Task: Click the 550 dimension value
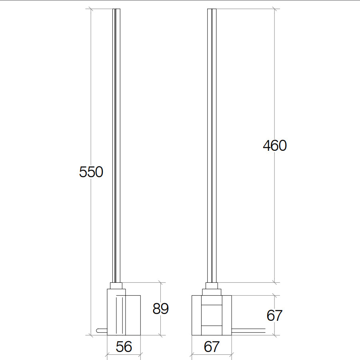pos(91,172)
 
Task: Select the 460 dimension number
pos(275,146)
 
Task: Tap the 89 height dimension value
pos(160,308)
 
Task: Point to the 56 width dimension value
pos(124,347)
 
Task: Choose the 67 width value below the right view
pos(212,347)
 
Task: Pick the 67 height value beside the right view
pos(274,316)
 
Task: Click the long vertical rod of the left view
pos(116,144)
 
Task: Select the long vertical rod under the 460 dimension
pos(212,144)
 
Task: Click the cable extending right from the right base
pos(248,330)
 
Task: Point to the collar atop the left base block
pos(116,286)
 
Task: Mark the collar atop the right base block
pos(212,286)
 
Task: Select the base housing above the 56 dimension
pos(124,314)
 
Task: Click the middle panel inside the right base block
pos(212,315)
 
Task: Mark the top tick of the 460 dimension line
pos(274,9)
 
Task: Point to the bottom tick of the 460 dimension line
pos(274,282)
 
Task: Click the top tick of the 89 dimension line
pos(160,282)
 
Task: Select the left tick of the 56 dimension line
pos(107,354)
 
